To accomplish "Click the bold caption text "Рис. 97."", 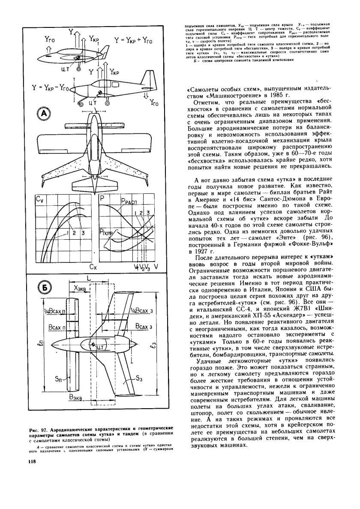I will click(37, 429).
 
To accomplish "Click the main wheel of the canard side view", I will click(78, 69).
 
